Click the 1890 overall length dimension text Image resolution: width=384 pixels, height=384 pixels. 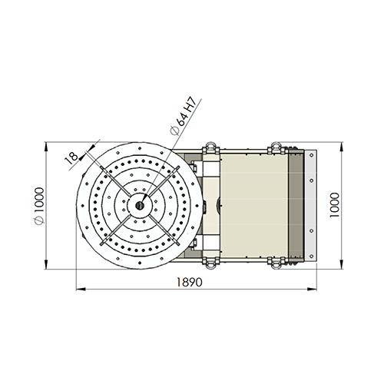point(190,282)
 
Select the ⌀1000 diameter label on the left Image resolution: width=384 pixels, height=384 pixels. point(39,206)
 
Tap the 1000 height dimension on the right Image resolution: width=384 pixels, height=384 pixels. point(334,205)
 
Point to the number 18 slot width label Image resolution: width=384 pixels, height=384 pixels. point(71,157)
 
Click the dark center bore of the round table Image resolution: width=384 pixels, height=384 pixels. point(140,205)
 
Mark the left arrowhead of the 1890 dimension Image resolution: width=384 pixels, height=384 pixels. point(81,290)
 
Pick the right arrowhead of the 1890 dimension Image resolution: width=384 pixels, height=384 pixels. point(312,290)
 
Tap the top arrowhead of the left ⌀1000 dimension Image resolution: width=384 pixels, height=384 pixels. point(46,147)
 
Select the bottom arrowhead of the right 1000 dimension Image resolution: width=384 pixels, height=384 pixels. point(341,264)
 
